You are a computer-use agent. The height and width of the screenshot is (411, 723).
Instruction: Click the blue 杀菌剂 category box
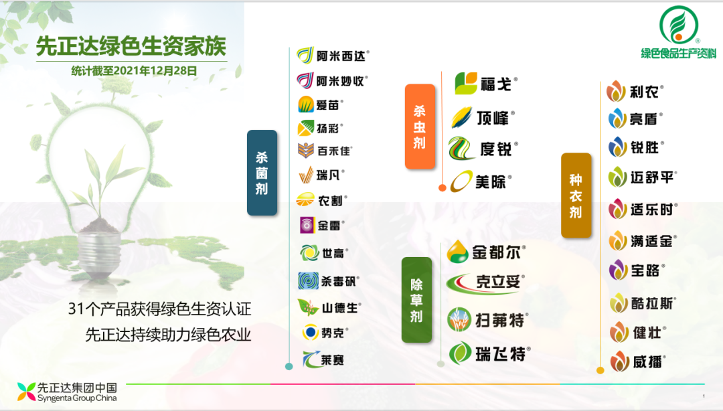262,173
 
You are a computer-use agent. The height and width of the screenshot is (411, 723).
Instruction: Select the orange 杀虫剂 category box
420,127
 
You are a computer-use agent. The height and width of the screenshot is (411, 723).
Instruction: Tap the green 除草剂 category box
416,300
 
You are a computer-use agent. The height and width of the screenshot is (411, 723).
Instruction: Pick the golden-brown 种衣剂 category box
576,195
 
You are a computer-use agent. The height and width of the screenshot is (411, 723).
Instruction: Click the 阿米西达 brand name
341,56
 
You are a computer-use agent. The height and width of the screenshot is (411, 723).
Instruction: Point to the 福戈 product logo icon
466,84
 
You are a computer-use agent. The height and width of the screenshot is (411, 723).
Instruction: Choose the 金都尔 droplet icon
457,252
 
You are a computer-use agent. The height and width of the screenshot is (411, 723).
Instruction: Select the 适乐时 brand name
651,210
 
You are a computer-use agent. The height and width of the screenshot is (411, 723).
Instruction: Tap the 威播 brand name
647,362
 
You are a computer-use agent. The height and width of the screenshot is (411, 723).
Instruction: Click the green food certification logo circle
679,25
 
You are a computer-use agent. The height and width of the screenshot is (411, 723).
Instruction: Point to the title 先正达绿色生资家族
131,46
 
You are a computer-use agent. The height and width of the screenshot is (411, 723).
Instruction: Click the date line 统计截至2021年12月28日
134,71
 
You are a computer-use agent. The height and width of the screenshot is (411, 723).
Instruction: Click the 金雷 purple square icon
307,226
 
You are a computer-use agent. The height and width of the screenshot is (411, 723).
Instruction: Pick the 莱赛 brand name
333,360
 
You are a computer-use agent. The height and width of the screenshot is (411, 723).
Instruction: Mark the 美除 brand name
491,182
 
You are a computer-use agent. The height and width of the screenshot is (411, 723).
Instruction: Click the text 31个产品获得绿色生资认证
159,309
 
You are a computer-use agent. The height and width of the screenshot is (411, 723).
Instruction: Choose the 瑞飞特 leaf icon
460,353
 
